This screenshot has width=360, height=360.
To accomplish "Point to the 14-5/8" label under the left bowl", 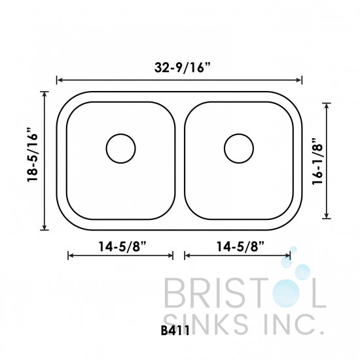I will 120,247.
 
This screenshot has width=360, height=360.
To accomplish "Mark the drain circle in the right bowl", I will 238,147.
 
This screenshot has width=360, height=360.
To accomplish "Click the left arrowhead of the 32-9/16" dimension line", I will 60,81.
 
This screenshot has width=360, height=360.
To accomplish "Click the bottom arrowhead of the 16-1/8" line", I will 327,217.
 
